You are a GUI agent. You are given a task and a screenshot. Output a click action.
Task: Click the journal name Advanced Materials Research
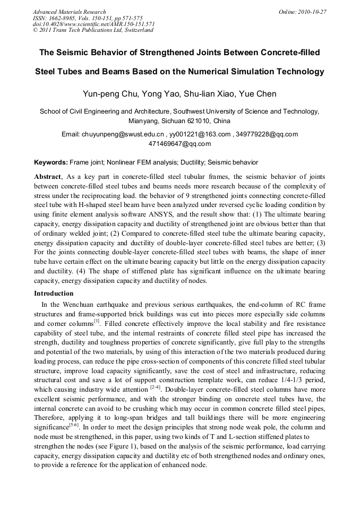pyautogui.click(x=69, y=12)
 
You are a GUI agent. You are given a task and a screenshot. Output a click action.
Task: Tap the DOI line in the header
pyautogui.click(x=93, y=24)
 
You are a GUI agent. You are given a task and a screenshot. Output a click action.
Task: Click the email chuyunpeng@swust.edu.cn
pyautogui.click(x=123, y=134)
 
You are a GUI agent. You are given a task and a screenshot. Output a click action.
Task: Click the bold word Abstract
pyautogui.click(x=47, y=176)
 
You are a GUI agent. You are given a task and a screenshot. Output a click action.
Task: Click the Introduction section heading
pyautogui.click(x=54, y=294)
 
